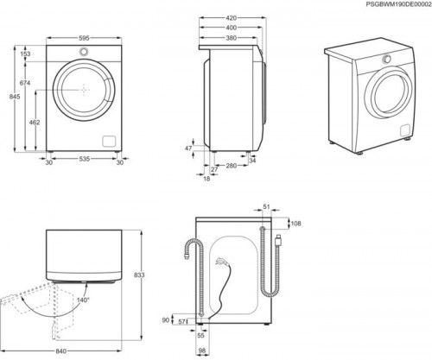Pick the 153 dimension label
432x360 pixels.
pyautogui.click(x=25, y=54)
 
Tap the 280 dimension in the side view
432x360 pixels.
pyautogui.click(x=232, y=165)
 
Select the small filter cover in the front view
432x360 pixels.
pyautogui.click(x=108, y=141)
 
